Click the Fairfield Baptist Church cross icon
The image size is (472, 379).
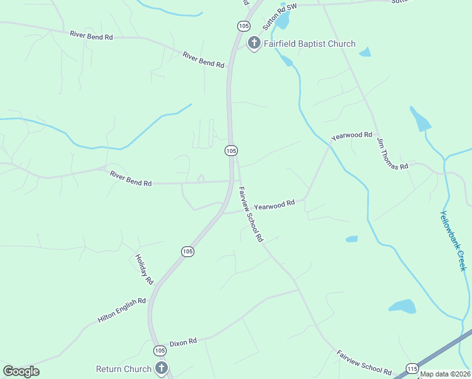coord(254,44)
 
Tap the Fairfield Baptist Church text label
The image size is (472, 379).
coord(310,44)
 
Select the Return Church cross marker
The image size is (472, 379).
coord(161,368)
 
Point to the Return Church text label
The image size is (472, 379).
coord(124,369)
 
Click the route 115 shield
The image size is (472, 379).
coord(413,368)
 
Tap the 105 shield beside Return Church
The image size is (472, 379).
coord(160,350)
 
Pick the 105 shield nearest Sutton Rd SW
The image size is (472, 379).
coord(244,26)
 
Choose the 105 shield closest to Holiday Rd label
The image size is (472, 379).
coord(187,251)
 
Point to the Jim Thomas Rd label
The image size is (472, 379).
coord(392,153)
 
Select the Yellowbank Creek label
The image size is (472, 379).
coord(453,241)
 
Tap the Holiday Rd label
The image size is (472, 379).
coord(145,268)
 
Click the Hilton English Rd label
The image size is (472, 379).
coord(122,311)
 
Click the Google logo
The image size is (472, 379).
coord(21,371)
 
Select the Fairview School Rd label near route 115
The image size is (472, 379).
coord(364,363)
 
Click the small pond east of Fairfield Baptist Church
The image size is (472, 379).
coord(365,52)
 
